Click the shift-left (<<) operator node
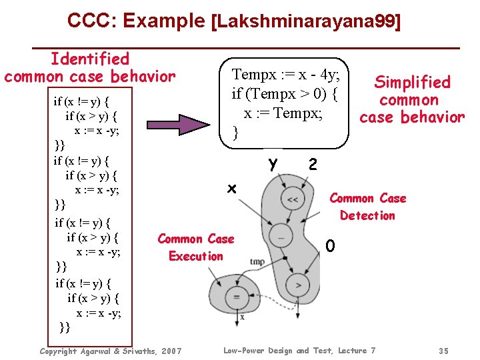[292, 199]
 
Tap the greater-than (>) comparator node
[298, 285]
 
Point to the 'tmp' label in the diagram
[257, 262]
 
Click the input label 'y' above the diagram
[272, 163]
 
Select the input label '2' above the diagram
[313, 164]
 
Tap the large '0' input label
[330, 247]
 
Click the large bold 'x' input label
[231, 189]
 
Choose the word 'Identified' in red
[90, 59]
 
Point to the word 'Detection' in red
[367, 215]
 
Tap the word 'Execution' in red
[196, 256]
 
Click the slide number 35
[444, 351]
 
